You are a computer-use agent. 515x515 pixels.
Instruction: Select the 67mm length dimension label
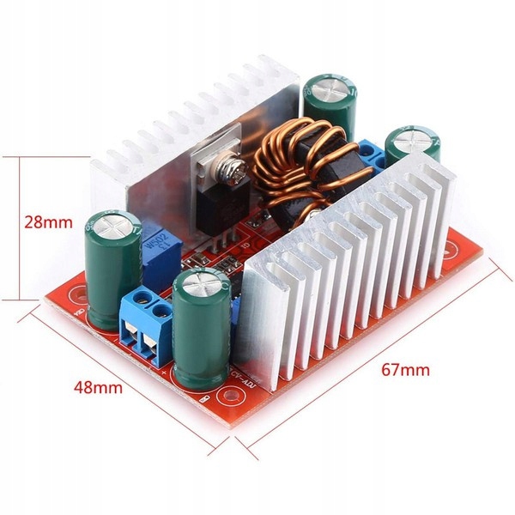(x=403, y=371)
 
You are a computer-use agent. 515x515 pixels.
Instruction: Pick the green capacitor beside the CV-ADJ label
(x=204, y=326)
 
